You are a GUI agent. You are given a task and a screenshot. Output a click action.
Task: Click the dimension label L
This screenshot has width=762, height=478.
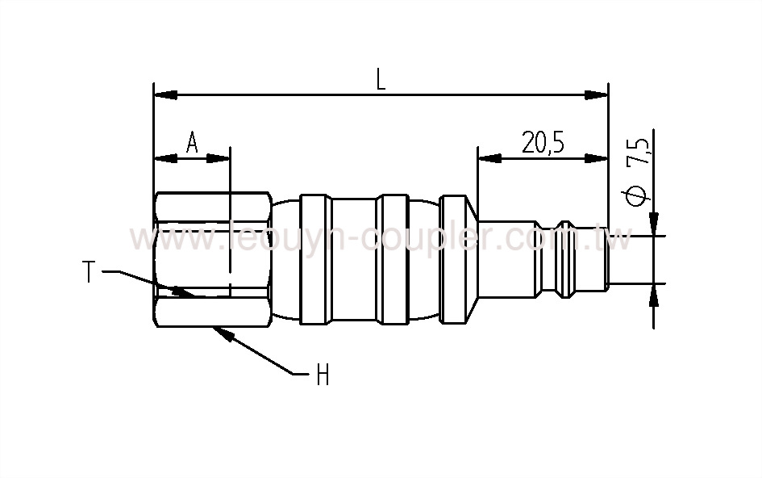point(381,78)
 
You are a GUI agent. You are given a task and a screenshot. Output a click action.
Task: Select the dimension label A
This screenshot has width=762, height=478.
point(192,143)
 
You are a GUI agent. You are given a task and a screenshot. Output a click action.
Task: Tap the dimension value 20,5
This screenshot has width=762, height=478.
point(542,143)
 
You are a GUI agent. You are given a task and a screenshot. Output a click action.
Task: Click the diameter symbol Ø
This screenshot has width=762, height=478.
point(637,196)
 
